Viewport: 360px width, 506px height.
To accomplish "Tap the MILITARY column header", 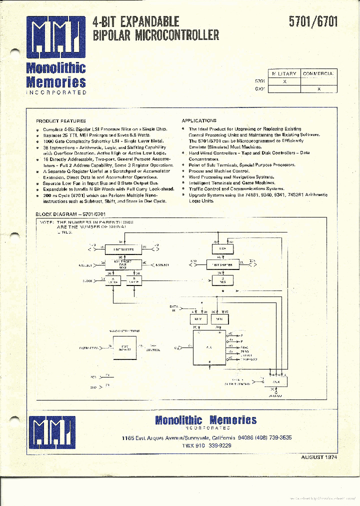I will click(x=284, y=73).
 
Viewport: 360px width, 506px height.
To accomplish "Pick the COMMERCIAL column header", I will click(x=318, y=73).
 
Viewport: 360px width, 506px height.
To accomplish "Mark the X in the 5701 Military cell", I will click(x=284, y=81).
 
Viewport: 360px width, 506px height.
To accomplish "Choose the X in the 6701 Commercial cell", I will click(x=319, y=88).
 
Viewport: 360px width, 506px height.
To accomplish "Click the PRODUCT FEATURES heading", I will click(x=60, y=121).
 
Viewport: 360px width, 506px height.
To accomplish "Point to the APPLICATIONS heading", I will click(x=199, y=121).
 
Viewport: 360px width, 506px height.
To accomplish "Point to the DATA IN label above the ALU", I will click(x=173, y=308).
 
